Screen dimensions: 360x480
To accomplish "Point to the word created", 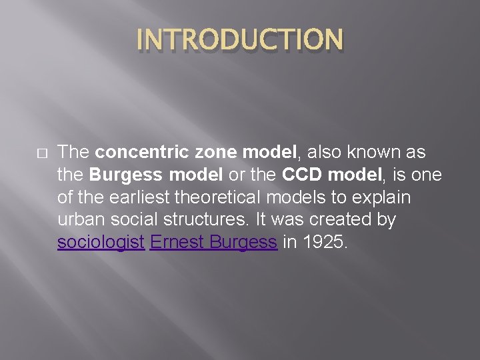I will (x=323, y=220).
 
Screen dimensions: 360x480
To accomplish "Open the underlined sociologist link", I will (x=101, y=243).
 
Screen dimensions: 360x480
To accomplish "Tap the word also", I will (x=325, y=152).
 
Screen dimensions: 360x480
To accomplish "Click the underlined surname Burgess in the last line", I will (x=243, y=243).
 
